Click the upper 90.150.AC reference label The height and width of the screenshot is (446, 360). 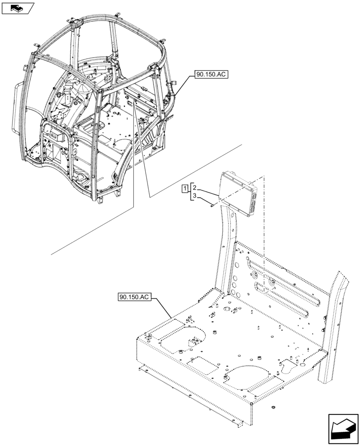pos(211,75)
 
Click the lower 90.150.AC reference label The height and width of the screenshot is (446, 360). pos(135,297)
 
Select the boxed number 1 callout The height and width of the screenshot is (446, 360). pos(185,189)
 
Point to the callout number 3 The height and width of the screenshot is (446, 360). pos(195,196)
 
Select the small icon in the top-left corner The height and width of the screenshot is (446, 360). pos(18,8)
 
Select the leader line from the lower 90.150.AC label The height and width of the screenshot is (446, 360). pos(163,307)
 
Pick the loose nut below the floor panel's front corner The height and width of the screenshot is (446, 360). pos(272,407)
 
